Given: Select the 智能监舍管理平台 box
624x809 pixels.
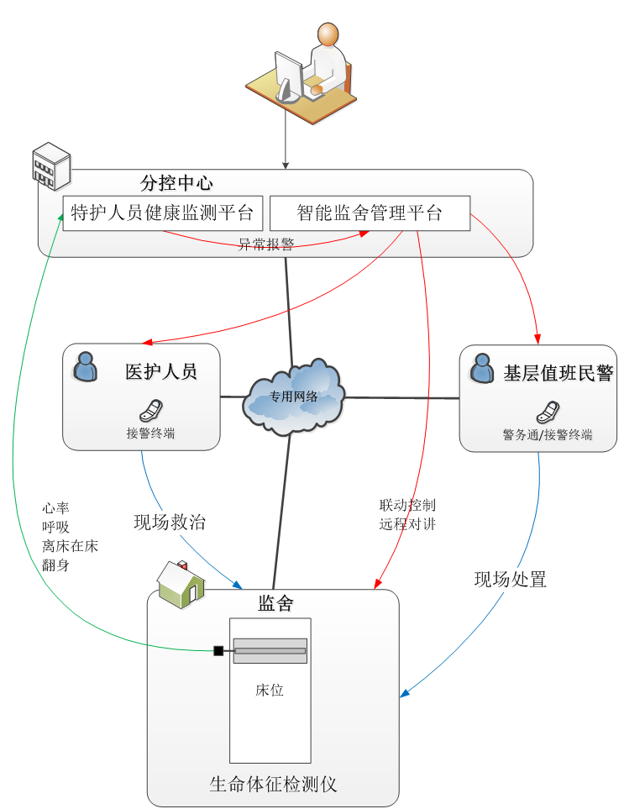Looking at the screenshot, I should [x=370, y=213].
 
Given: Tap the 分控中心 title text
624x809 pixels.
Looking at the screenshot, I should [x=176, y=183].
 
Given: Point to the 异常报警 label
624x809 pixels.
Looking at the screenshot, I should [x=266, y=244].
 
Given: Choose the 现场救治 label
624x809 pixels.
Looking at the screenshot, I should [x=170, y=522].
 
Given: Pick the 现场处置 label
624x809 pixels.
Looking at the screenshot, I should [x=511, y=579].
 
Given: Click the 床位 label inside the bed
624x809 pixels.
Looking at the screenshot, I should [x=270, y=690].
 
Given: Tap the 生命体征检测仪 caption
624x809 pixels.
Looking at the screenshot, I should [x=273, y=785].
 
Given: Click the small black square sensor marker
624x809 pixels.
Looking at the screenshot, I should [x=218, y=651].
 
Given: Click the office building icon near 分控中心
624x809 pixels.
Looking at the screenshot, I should [x=50, y=165].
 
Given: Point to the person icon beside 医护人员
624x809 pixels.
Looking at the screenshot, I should [x=86, y=366].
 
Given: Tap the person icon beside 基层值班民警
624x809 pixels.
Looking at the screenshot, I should [x=482, y=368].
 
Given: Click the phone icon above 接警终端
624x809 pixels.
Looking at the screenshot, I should [x=151, y=410].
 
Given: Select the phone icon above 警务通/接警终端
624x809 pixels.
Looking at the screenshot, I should [x=548, y=412].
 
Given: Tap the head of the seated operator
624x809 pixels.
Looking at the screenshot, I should [x=328, y=34].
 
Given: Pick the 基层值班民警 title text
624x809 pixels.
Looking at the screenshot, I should [x=558, y=374].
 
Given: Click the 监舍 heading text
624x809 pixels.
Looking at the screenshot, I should [x=275, y=603].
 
